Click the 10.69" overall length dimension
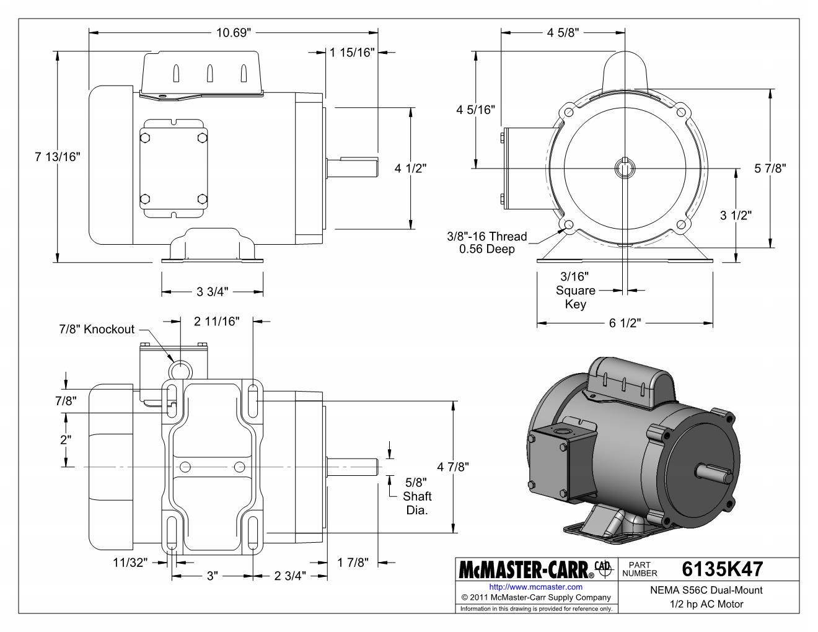tap(234, 33)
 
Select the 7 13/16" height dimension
tap(57, 157)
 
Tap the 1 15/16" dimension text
tap(353, 52)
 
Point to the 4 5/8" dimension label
tap(563, 33)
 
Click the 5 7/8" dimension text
tap(770, 169)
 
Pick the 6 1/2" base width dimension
tap(625, 323)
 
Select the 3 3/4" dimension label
tap(213, 292)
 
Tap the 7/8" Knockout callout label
tap(97, 329)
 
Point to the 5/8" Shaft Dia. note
tap(416, 496)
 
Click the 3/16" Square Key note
tap(575, 290)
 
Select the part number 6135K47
tap(722, 569)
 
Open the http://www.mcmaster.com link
tap(535, 587)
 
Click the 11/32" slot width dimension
tap(130, 563)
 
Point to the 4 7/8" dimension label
tap(453, 467)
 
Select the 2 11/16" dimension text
tap(216, 322)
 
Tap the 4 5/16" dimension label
tap(475, 110)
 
